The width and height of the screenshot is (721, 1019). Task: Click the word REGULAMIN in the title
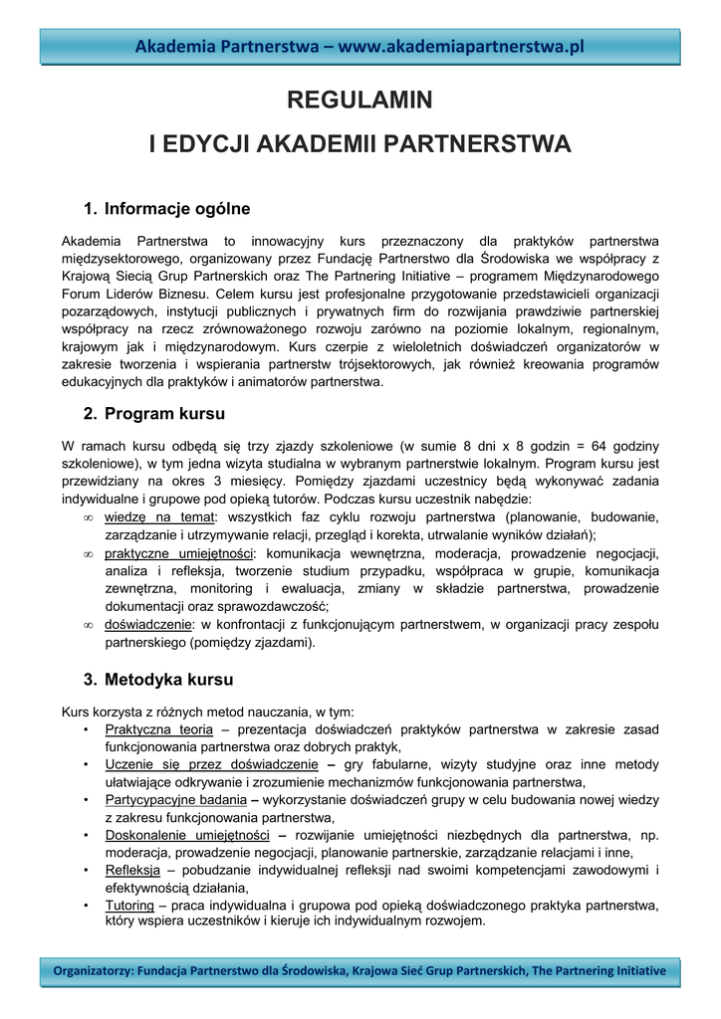point(360,100)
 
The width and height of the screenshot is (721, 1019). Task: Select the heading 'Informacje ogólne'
point(177,209)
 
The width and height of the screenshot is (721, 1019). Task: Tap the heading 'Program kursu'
point(164,414)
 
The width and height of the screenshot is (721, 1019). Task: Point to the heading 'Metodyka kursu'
point(168,680)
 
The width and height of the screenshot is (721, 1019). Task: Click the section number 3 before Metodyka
point(89,680)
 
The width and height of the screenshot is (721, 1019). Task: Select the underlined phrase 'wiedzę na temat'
point(159,516)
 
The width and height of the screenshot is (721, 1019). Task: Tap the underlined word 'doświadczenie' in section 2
point(148,624)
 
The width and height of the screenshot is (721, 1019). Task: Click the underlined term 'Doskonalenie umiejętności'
point(187,835)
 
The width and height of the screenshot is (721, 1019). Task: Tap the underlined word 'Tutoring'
point(129,906)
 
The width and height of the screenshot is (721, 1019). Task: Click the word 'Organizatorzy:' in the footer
point(93,970)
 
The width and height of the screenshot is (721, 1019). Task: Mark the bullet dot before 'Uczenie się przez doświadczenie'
point(89,764)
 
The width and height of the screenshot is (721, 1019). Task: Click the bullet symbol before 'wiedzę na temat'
point(89,517)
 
